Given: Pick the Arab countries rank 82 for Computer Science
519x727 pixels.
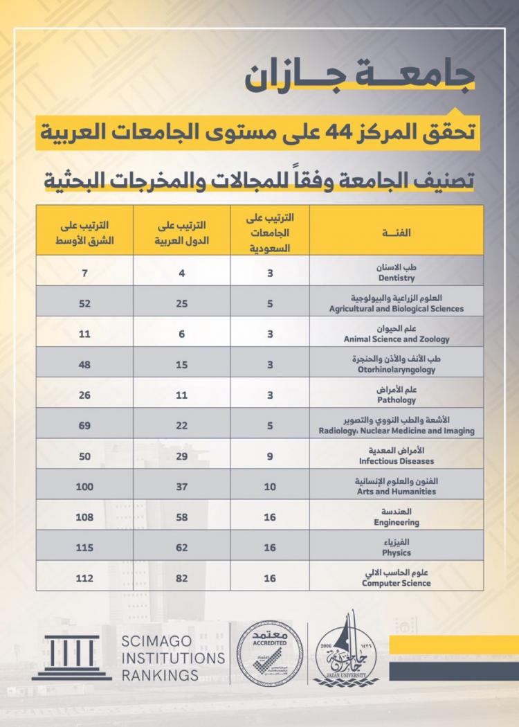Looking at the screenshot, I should pyautogui.click(x=182, y=577).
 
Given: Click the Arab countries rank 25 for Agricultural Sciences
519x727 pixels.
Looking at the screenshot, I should pyautogui.click(x=182, y=303).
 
